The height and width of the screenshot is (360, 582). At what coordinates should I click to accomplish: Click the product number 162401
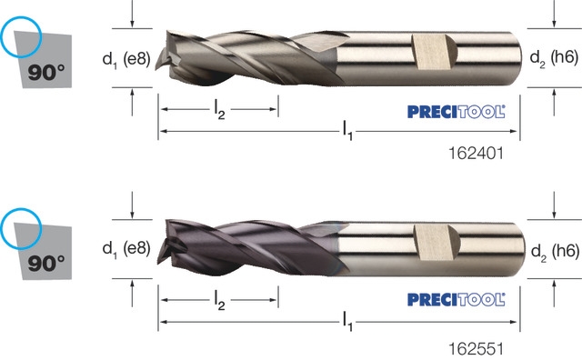[477, 153]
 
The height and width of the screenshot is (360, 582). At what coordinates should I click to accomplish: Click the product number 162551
[477, 349]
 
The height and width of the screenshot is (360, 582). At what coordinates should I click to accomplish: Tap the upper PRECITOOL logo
[457, 112]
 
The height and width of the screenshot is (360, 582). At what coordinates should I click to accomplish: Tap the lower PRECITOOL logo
[457, 299]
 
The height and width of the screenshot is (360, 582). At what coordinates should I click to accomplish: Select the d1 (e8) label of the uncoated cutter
[126, 59]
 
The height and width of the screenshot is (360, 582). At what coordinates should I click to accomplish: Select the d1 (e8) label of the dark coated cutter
[126, 248]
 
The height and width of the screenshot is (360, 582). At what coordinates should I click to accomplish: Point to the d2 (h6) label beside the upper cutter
[554, 59]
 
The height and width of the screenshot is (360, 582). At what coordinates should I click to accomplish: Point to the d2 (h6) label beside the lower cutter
[555, 252]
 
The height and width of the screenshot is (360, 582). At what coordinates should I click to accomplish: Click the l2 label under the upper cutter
[219, 110]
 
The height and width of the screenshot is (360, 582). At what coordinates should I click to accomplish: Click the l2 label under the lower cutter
[219, 300]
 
